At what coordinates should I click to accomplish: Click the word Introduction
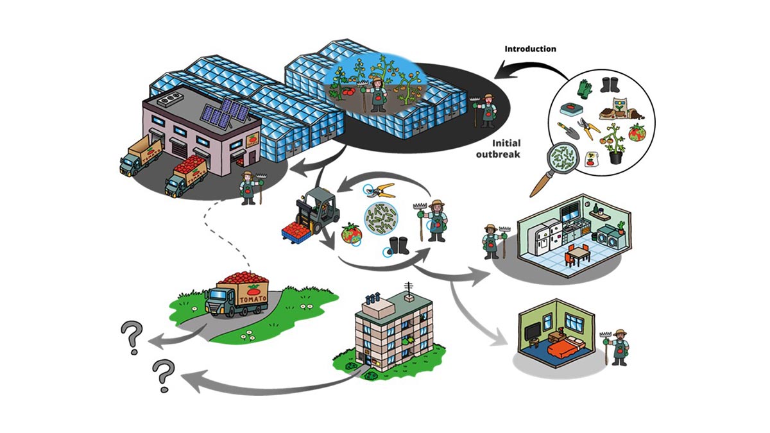530,49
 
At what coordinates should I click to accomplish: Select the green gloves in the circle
585,89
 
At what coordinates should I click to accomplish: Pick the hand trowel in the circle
569,130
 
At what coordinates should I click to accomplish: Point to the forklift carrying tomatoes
309,216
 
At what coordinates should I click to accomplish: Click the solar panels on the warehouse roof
225,114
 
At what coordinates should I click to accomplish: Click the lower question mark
162,374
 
